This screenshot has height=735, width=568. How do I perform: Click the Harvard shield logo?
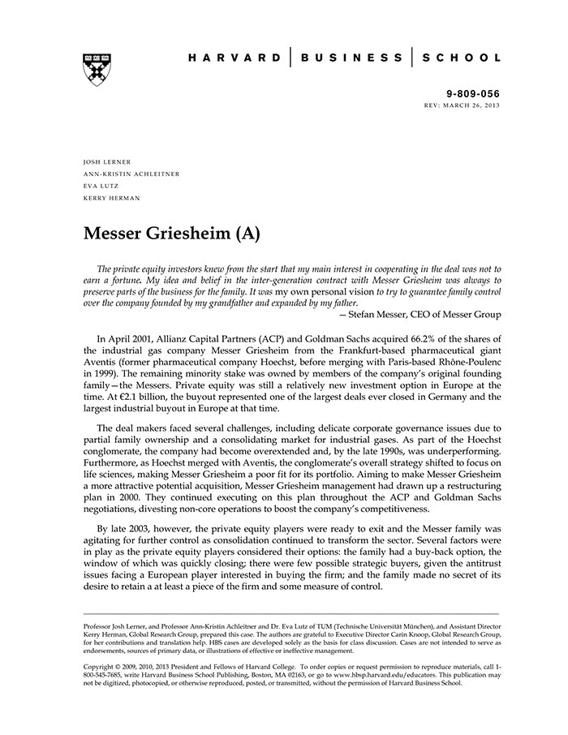tap(97, 70)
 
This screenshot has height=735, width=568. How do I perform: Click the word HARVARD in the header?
tap(235, 58)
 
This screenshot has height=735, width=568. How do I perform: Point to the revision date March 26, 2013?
tap(475, 106)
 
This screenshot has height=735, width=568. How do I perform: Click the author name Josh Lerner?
tap(108, 162)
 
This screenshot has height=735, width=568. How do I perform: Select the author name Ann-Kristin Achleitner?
tap(131, 174)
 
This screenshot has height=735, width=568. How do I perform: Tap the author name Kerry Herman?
tap(111, 198)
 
